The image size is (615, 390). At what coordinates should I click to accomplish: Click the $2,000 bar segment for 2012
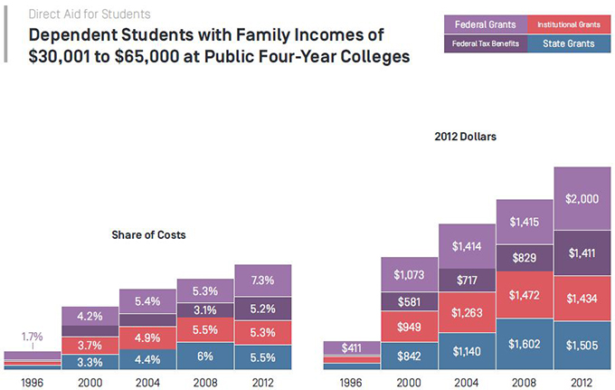[x=582, y=198]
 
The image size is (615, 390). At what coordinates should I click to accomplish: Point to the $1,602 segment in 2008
[x=525, y=344]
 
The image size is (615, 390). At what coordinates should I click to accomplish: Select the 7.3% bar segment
[x=262, y=280]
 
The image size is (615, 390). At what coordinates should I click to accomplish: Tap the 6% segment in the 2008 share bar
[x=205, y=355]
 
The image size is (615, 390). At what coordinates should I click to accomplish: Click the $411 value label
[x=351, y=347]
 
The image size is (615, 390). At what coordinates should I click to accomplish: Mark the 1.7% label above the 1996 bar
[x=32, y=337]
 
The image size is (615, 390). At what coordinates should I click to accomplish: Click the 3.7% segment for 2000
[x=90, y=344]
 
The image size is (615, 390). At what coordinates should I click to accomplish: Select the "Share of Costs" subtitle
[x=148, y=235]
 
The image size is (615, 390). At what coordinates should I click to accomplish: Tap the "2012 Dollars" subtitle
[x=466, y=138]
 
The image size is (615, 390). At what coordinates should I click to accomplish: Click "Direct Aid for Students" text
[x=90, y=14]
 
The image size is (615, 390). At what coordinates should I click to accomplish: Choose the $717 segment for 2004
[x=467, y=280]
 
